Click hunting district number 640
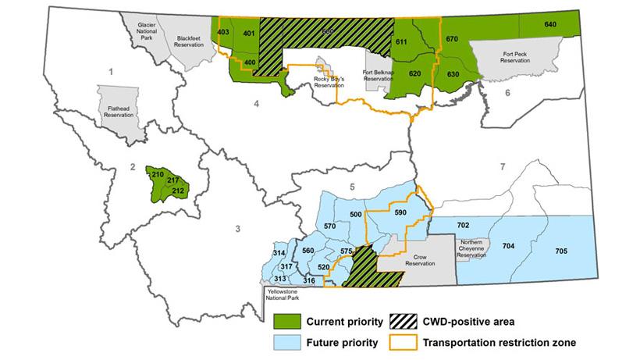point(550,24)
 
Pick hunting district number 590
point(401,212)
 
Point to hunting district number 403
point(223,32)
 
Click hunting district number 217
point(173,181)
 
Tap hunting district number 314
point(279,254)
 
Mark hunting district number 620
point(414,73)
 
